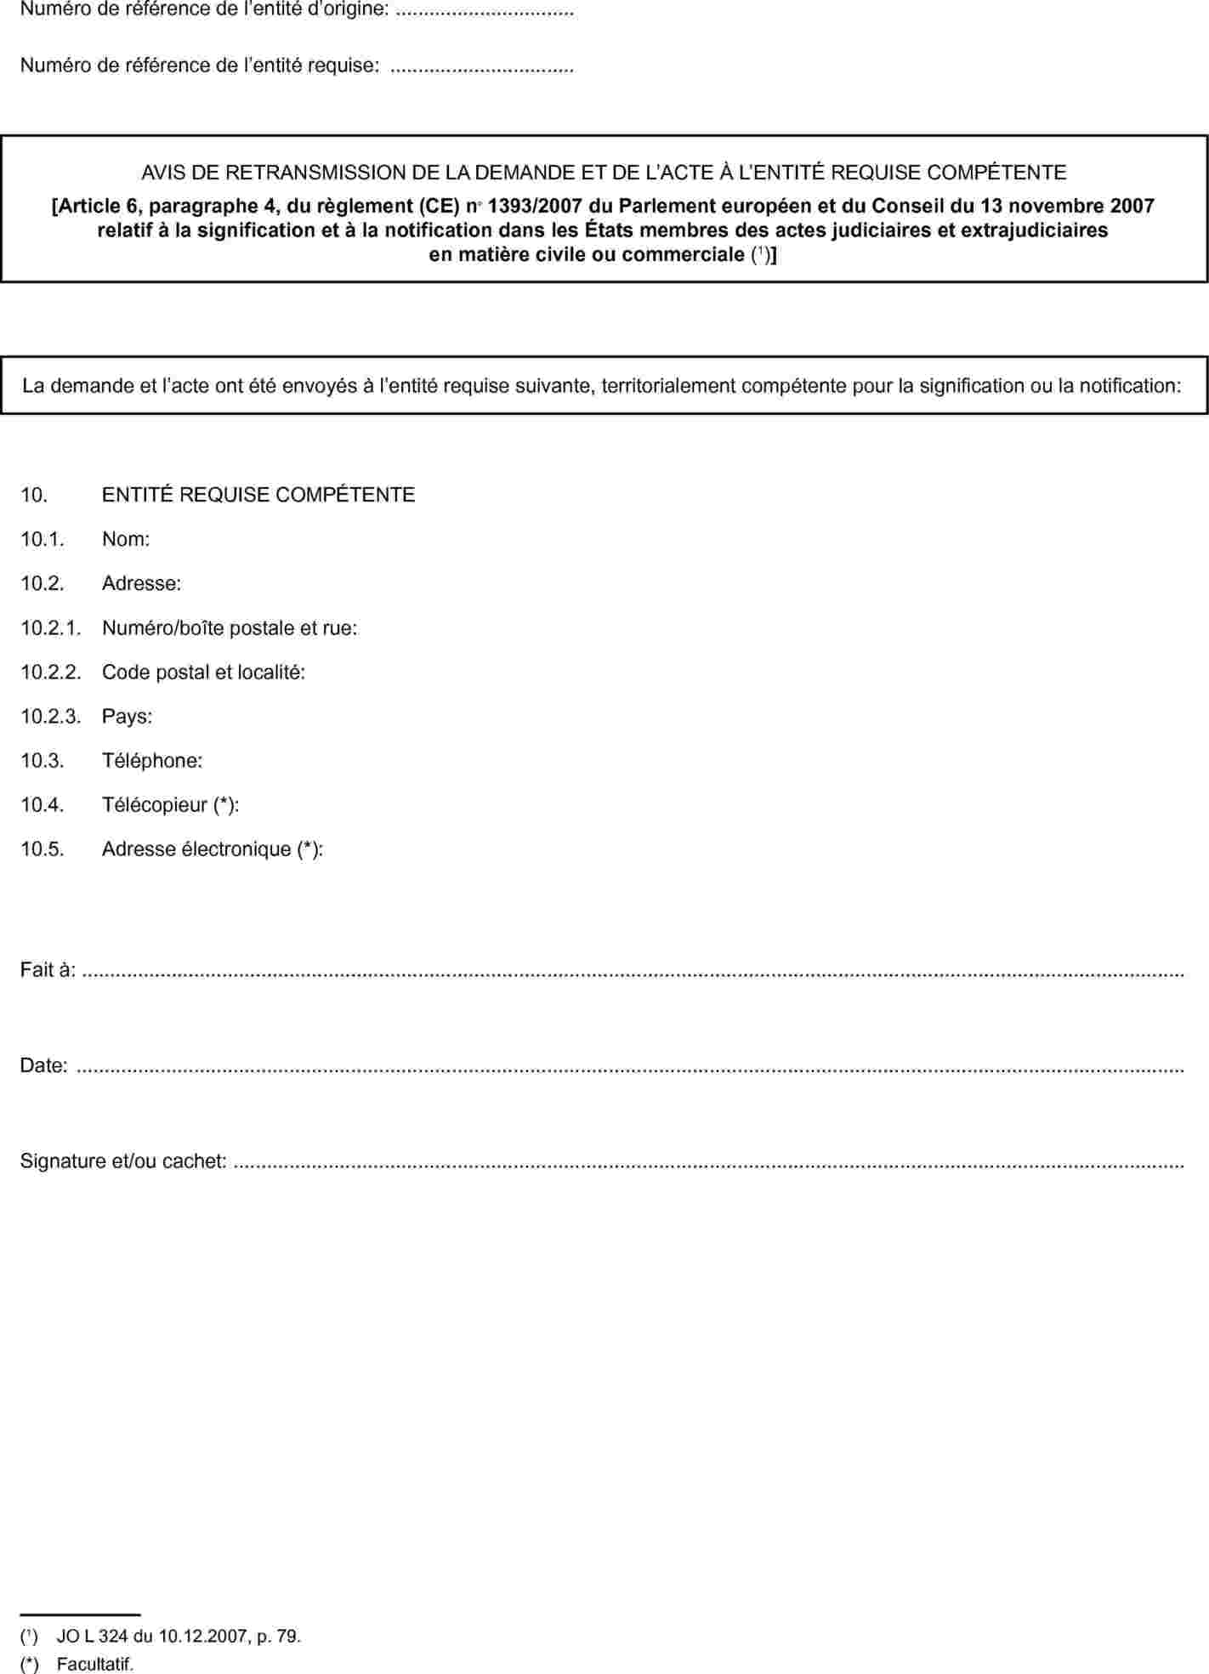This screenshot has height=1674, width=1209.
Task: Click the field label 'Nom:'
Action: [x=126, y=539]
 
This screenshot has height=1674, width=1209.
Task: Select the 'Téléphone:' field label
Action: [x=152, y=761]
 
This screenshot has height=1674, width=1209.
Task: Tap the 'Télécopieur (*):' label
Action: [x=170, y=805]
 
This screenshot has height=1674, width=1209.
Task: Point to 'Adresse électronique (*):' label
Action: [x=213, y=849]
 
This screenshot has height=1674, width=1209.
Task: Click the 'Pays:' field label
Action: [x=127, y=717]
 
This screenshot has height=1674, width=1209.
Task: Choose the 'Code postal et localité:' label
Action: [x=203, y=672]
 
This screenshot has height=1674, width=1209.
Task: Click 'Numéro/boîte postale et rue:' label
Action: [x=230, y=628]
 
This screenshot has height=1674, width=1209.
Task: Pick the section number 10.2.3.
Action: [x=50, y=717]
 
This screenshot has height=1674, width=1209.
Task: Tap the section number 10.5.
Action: [x=43, y=849]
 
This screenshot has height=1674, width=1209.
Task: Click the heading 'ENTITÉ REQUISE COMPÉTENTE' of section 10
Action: [x=258, y=495]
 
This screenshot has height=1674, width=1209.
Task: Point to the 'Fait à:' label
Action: [x=48, y=970]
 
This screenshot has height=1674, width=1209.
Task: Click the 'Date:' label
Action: [x=43, y=1065]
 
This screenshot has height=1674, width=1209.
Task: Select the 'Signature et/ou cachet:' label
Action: [x=123, y=1160]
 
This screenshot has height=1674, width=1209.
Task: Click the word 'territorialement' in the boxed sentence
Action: [x=669, y=386]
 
